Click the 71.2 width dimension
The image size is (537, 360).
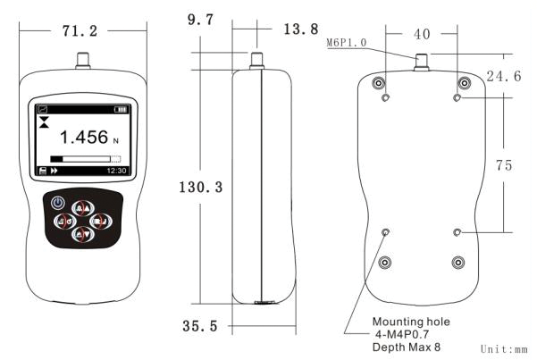[x=84, y=31]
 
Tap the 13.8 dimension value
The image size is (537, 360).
[x=300, y=29]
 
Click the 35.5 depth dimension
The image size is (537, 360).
[x=201, y=327]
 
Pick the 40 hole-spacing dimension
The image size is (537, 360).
[x=422, y=34]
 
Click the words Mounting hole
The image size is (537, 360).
[x=411, y=321]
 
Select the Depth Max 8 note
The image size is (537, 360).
[x=407, y=346]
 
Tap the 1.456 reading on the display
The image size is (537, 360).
[x=83, y=138]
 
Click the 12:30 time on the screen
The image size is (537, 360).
[x=117, y=169]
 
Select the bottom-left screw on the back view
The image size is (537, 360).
[x=385, y=262]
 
